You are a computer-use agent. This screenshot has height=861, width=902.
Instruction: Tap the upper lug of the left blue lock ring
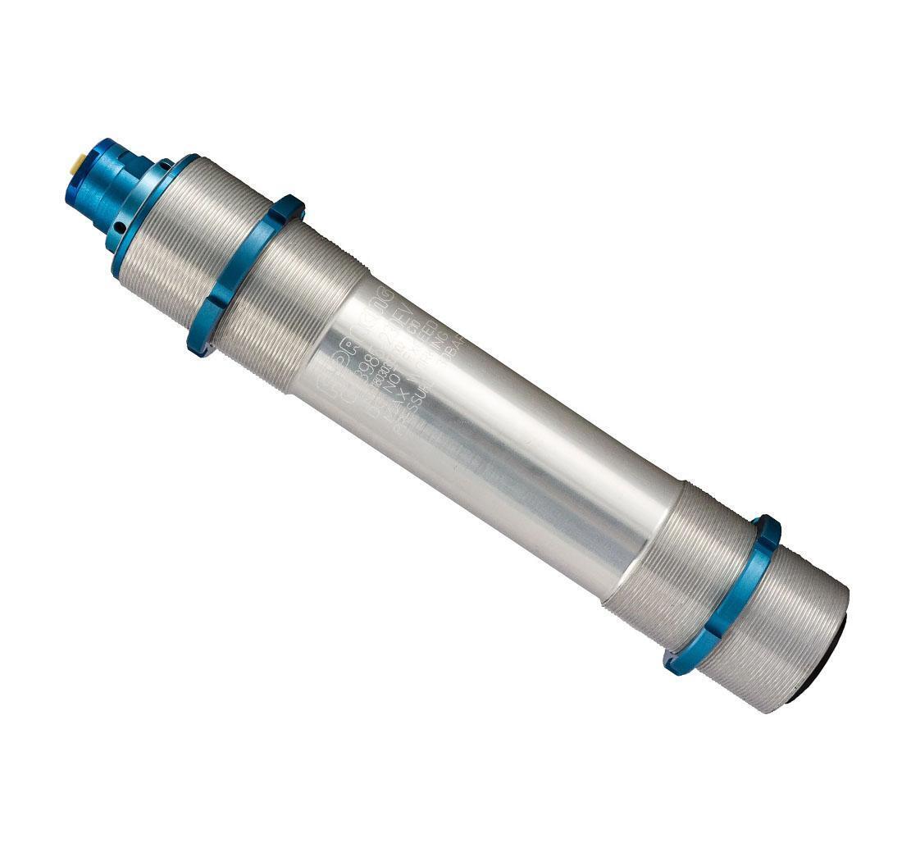pos(289,207)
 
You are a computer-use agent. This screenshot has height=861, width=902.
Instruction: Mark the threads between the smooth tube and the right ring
pos(672,558)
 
